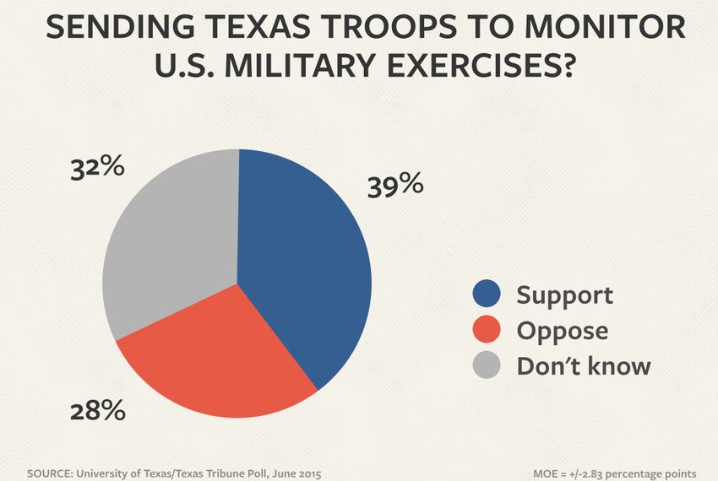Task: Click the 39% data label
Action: [x=394, y=186]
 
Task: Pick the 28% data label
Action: [x=98, y=412]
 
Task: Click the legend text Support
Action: [x=564, y=295]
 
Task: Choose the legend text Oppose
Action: [x=562, y=331]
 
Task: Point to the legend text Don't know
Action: [x=584, y=365]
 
